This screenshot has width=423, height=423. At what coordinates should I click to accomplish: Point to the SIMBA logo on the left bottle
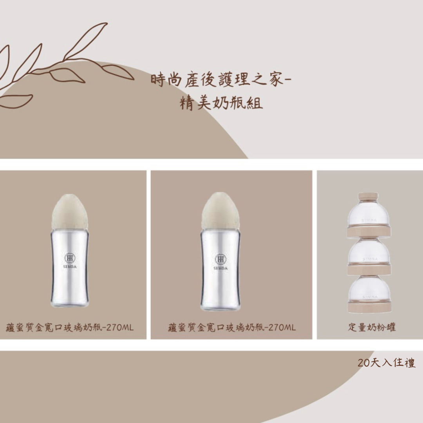[x=70, y=260]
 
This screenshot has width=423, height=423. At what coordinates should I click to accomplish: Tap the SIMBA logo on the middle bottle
[x=221, y=262]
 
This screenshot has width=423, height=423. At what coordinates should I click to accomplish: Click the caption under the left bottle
[x=70, y=327]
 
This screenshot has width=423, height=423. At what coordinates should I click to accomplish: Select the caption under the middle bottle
[x=232, y=327]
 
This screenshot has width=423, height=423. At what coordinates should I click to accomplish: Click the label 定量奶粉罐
[x=372, y=327]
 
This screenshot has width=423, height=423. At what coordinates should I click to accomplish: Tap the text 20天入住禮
[x=387, y=363]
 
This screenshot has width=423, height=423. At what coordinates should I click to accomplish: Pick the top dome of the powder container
[x=369, y=213]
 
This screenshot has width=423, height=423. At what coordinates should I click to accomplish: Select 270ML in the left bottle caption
[x=120, y=328]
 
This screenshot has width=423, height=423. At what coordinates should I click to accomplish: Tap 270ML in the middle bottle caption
[x=282, y=328]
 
